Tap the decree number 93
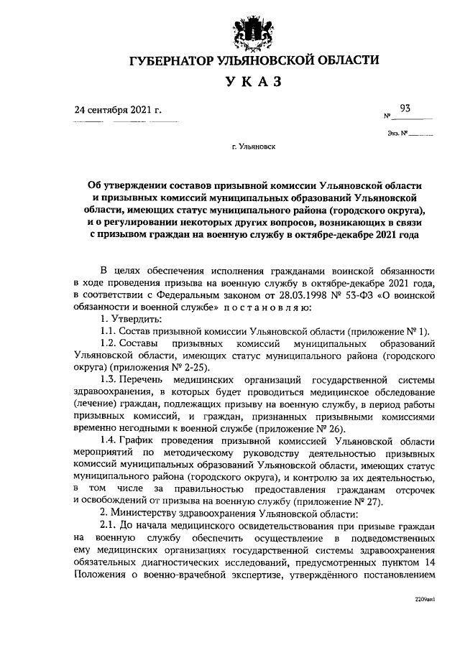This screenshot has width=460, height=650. [x=405, y=108]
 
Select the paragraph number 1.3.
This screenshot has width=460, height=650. [x=110, y=378]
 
